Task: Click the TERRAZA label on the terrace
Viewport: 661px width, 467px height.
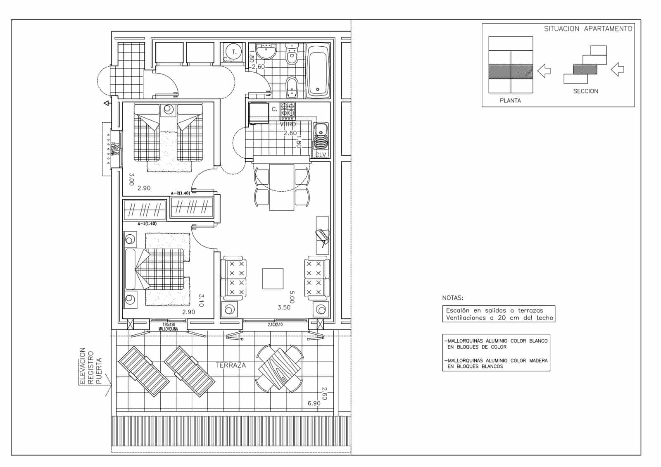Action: click(231, 365)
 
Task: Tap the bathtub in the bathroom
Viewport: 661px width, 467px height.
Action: click(317, 70)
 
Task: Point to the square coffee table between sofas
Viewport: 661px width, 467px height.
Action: click(273, 279)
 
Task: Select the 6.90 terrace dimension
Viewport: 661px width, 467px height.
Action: click(314, 403)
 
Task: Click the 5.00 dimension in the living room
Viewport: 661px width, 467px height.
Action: click(292, 296)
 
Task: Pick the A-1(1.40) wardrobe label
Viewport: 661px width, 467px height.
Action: click(147, 224)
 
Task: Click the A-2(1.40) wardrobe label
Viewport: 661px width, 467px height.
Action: click(181, 193)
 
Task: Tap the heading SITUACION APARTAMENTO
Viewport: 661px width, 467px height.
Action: click(588, 29)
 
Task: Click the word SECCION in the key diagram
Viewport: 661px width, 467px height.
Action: click(585, 91)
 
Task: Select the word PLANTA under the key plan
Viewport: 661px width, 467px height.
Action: click(510, 100)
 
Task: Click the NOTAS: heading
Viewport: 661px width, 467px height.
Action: click(453, 298)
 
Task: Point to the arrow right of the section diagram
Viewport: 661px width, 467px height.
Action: click(617, 69)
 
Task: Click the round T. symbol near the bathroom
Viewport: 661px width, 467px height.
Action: click(234, 52)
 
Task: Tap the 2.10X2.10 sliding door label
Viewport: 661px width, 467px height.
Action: click(275, 325)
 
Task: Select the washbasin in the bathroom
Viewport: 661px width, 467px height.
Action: click(266, 52)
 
